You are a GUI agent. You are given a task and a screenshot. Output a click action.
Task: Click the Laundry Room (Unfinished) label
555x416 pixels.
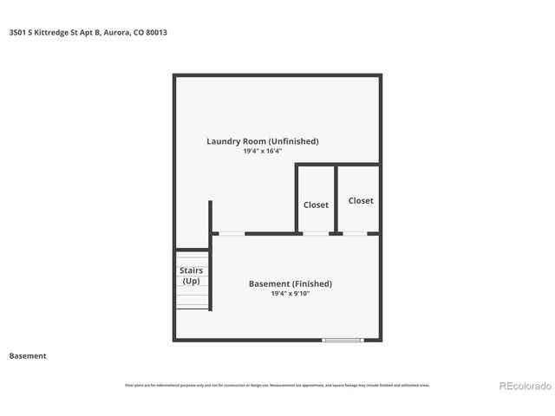(x=262, y=141)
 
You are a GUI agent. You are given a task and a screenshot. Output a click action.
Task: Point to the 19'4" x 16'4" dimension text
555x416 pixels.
(x=262, y=151)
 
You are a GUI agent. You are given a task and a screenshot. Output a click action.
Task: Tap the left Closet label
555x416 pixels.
(x=316, y=205)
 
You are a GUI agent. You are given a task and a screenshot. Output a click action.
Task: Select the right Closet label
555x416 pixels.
(x=361, y=200)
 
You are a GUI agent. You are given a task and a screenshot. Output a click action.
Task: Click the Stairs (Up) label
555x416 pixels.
(x=191, y=276)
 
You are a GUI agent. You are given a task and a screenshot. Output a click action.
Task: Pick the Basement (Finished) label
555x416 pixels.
(x=290, y=283)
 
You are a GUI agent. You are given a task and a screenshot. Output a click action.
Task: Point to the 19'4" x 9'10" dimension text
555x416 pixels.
(x=290, y=294)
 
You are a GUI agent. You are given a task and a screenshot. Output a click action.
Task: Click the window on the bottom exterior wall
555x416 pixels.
(x=342, y=340)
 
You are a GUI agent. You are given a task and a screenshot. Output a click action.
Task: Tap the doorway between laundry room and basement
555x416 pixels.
(x=230, y=233)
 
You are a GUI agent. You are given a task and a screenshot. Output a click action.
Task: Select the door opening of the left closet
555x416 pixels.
(x=316, y=233)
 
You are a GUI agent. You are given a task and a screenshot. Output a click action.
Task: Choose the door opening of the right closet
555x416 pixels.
(x=356, y=233)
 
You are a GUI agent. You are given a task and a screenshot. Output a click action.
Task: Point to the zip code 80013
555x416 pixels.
(x=156, y=32)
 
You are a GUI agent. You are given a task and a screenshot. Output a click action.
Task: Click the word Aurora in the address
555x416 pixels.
(x=115, y=32)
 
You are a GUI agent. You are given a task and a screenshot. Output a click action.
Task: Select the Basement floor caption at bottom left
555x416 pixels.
(x=28, y=355)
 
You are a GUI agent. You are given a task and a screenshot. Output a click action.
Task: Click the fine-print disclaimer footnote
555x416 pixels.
(x=277, y=385)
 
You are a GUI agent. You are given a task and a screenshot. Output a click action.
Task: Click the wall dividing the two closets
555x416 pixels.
(x=336, y=199)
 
